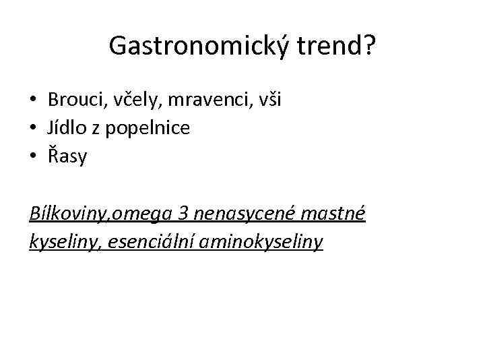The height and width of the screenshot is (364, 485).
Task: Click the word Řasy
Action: pyautogui.click(x=67, y=156)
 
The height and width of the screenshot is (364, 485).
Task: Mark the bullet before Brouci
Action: pyautogui.click(x=32, y=100)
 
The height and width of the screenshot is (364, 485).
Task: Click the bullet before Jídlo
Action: pyautogui.click(x=32, y=129)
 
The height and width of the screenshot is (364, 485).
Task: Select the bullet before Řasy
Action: pyautogui.click(x=32, y=157)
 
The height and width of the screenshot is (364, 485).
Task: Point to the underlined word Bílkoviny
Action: pyautogui.click(x=70, y=214)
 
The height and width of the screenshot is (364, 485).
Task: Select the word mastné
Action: pyautogui.click(x=336, y=214)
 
